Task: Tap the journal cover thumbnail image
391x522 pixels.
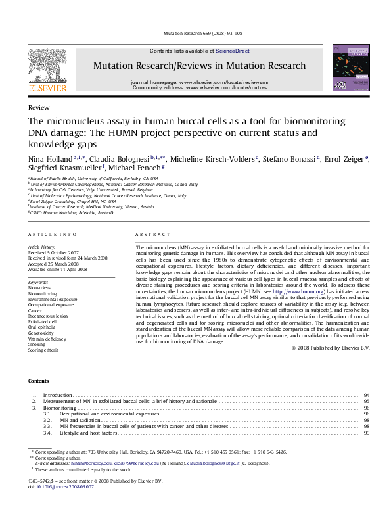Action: coord(346,68)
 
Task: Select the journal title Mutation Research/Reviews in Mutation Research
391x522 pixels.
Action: coord(199,66)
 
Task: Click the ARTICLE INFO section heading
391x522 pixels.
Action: coord(49,235)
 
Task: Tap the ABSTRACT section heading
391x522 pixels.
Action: coord(149,235)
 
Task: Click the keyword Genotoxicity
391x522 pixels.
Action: coord(40,333)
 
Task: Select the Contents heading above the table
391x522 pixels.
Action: coord(38,381)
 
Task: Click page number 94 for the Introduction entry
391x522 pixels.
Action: coord(366,395)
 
